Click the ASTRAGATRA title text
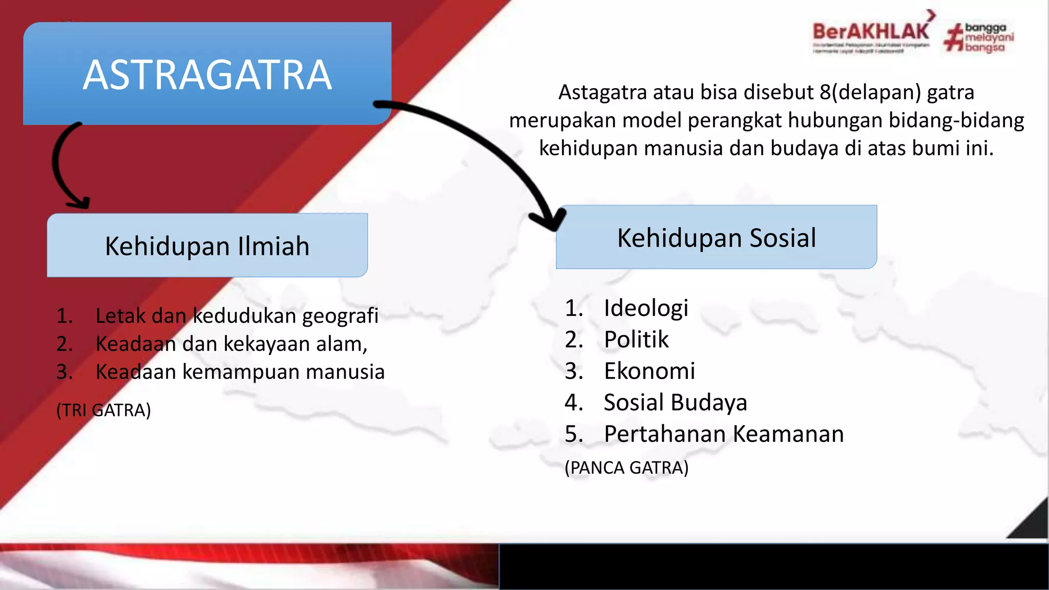point(207,75)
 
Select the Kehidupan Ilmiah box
point(207,246)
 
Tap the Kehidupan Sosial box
point(716,238)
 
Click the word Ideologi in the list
point(645,308)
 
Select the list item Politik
point(636,340)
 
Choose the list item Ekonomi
point(649,371)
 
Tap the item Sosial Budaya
point(675,403)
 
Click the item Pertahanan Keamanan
point(723,434)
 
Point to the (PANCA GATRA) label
point(626,468)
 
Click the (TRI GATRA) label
point(103,410)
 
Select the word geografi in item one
point(340,317)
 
